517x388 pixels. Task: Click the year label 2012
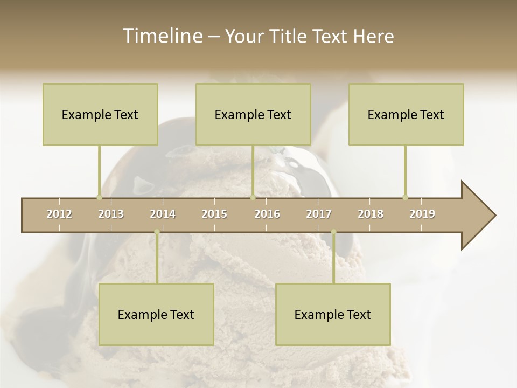59,214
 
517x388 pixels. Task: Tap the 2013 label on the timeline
111,214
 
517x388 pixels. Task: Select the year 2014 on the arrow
163,214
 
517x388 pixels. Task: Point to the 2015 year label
214,214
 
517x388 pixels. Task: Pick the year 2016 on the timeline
267,214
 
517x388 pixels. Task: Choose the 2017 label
319,214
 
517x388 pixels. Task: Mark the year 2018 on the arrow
371,214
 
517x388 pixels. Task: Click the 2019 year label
422,214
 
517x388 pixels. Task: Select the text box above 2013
100,114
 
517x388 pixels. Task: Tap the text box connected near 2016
253,114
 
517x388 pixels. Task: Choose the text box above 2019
406,114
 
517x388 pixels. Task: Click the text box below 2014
156,314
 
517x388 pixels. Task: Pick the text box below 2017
333,314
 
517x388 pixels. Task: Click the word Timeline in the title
162,36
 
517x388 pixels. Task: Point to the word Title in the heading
288,36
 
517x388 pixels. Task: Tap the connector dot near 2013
99,197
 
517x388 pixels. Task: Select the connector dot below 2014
157,232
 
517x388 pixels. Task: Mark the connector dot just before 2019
405,197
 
